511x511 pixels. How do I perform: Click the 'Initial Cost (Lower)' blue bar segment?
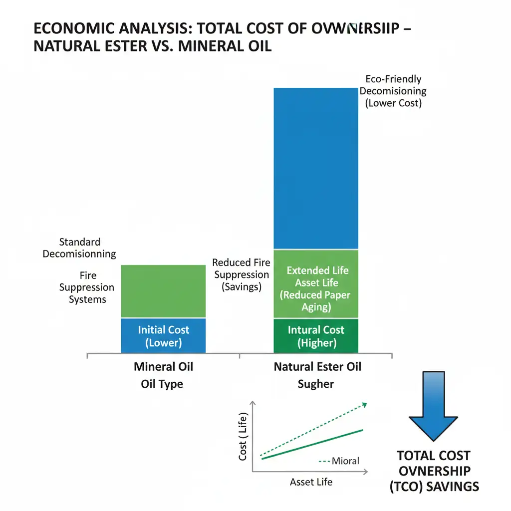click(163, 336)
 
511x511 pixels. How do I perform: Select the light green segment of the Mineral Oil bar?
click(163, 291)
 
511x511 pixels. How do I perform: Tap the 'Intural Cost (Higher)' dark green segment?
click(316, 336)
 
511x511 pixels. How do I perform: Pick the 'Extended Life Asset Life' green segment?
click(316, 283)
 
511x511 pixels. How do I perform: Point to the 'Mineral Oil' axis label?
click(163, 367)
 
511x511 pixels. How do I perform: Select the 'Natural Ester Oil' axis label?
click(317, 367)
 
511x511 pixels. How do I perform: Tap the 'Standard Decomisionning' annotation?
click(79, 248)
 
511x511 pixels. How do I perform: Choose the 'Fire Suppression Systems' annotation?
click(87, 287)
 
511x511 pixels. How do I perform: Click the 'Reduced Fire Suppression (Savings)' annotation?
click(242, 274)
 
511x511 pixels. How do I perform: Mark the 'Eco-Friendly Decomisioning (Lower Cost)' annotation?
click(393, 91)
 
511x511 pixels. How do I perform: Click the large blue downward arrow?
click(433, 404)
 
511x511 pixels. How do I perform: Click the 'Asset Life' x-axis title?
click(311, 482)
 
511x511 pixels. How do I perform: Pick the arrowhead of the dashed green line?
click(365, 404)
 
